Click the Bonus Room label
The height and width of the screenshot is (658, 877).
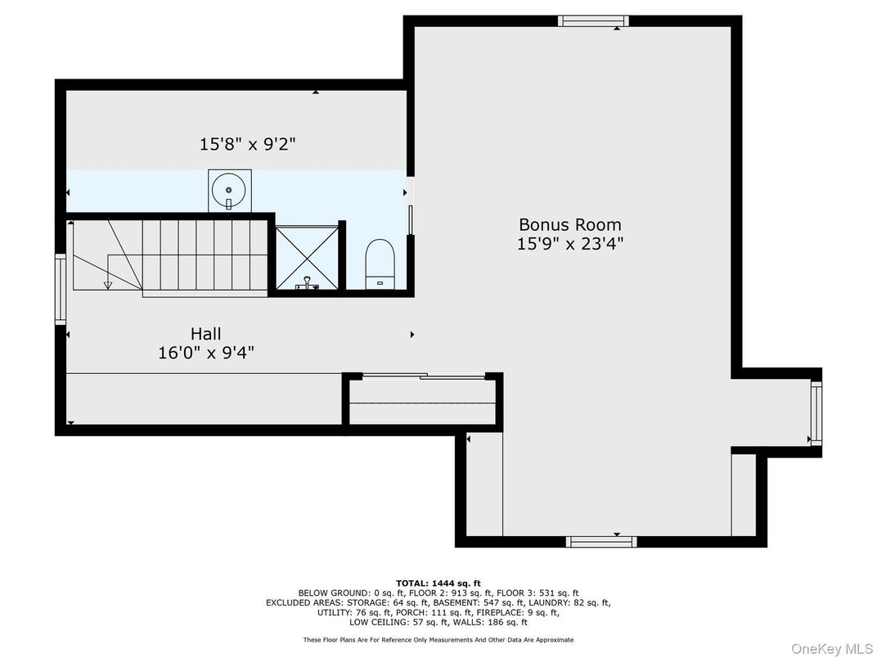[x=570, y=225]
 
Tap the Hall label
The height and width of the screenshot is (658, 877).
[x=206, y=334]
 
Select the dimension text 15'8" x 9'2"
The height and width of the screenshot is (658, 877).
[x=248, y=144]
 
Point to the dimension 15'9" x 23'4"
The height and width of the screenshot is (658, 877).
[x=570, y=244]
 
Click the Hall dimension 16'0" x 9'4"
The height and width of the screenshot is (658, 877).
[x=206, y=353]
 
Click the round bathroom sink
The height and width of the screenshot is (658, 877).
[x=229, y=191]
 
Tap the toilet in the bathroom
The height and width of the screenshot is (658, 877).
[x=380, y=264]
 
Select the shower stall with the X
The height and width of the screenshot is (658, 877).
[x=307, y=258]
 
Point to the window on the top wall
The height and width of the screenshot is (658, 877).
[x=593, y=21]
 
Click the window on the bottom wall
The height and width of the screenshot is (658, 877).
[x=601, y=542]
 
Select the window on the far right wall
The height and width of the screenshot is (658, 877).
[x=816, y=413]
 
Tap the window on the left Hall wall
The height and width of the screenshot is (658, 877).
[x=61, y=289]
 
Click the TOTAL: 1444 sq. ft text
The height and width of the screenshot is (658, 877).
[x=438, y=584]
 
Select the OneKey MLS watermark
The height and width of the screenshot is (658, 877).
[x=831, y=648]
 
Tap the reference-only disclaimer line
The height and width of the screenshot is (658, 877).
[x=438, y=639]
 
